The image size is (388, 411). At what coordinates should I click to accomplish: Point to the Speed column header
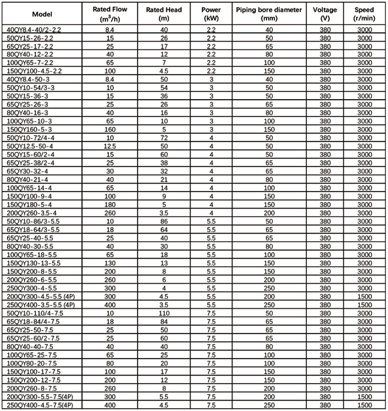point(364,13)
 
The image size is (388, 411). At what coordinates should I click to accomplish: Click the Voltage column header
point(325,13)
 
